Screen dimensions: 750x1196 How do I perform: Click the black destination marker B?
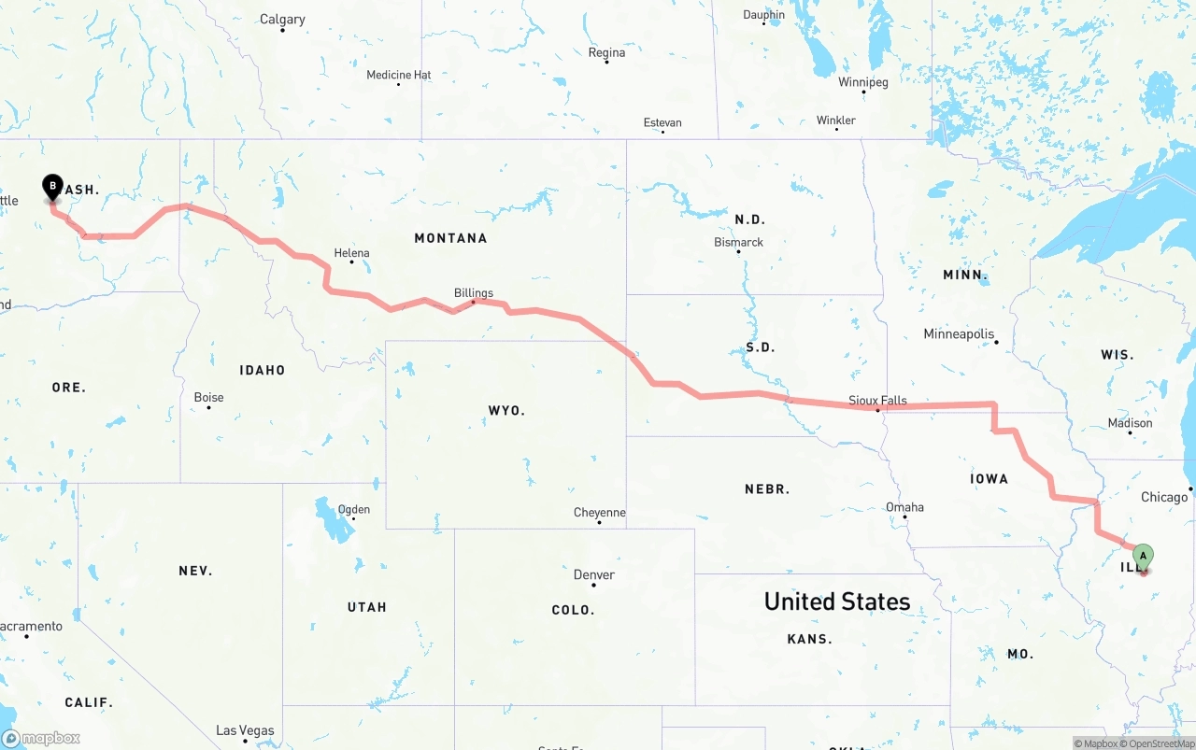52,187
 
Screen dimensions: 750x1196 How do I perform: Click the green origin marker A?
1143,557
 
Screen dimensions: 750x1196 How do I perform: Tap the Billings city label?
474,293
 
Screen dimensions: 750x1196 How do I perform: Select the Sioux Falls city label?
877,401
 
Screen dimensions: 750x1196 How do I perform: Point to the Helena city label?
352,253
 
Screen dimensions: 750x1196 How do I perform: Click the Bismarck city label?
739,242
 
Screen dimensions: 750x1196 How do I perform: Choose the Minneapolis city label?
959,334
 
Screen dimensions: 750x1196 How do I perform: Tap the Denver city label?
594,575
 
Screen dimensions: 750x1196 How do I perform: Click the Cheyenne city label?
600,513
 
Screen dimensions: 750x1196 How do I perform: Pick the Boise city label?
208,398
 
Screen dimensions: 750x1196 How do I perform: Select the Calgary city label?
282,20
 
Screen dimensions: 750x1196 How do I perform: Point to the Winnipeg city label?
863,82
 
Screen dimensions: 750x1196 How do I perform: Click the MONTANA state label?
450,238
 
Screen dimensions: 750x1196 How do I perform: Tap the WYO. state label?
506,411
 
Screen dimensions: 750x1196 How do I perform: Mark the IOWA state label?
989,479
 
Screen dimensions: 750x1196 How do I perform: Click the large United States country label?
837,601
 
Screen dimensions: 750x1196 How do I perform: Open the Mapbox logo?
41,738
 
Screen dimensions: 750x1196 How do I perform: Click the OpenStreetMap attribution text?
1160,743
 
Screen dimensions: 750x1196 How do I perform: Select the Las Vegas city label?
245,730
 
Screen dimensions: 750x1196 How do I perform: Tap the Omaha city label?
904,507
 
